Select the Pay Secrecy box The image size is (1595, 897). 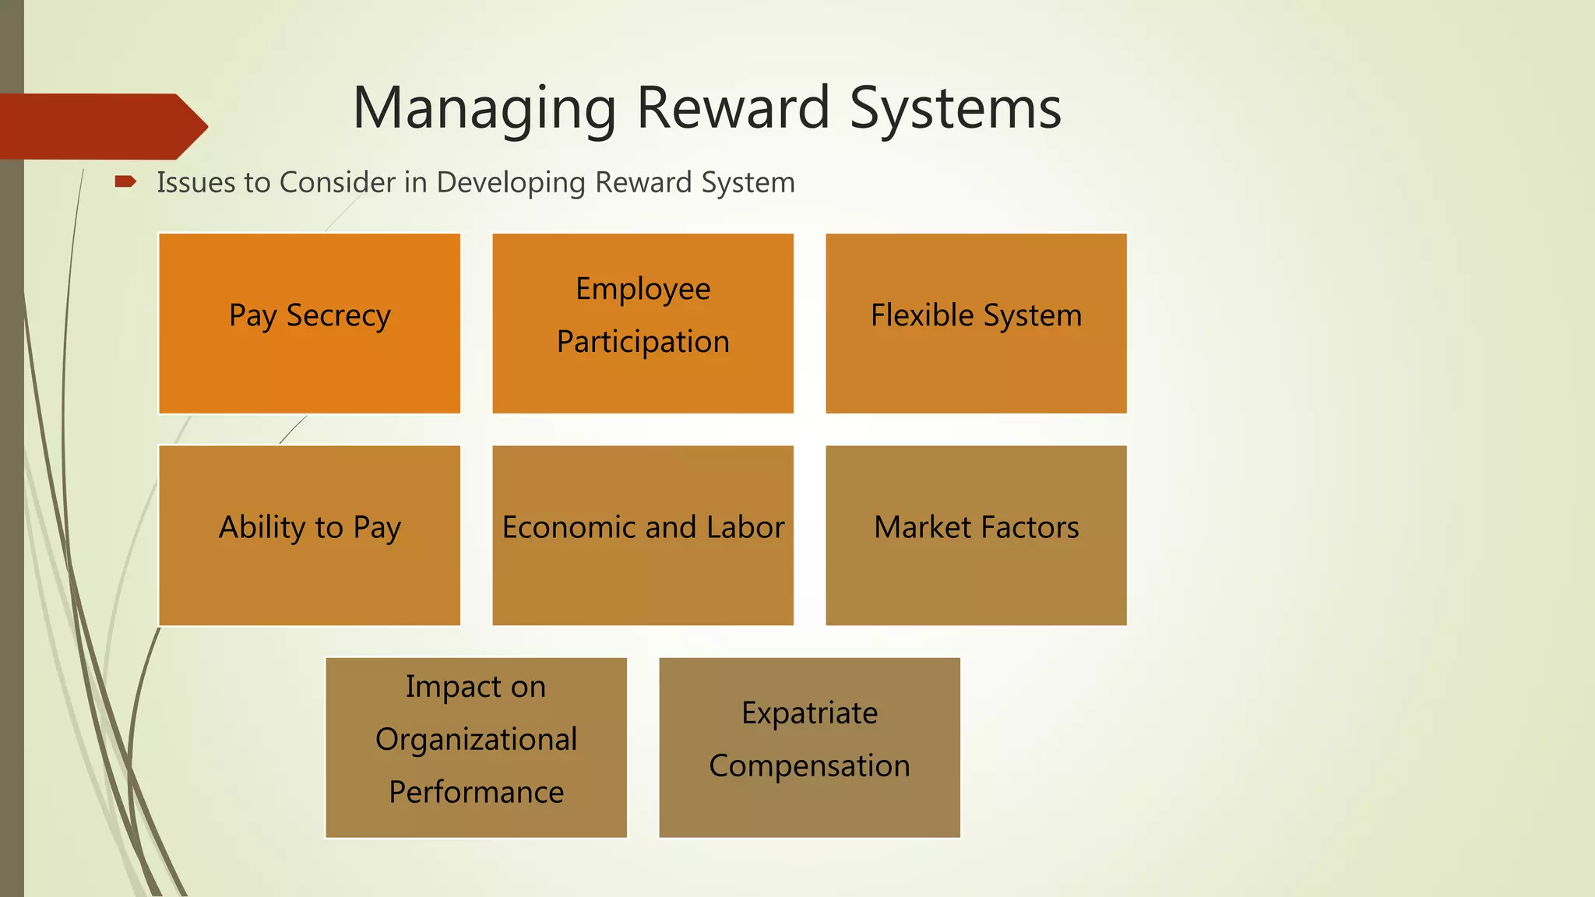[x=309, y=323]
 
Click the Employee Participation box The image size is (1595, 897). [x=643, y=323]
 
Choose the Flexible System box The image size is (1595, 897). [x=976, y=323]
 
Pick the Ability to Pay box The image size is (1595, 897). [x=309, y=535]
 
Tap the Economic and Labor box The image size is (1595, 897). [x=643, y=535]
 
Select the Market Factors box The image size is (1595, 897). [x=976, y=535]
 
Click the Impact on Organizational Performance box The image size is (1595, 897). [x=476, y=747]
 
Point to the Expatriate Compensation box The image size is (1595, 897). [x=809, y=747]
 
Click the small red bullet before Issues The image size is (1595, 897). [x=125, y=182]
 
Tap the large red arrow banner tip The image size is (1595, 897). [x=195, y=126]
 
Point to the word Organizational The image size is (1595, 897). [x=476, y=740]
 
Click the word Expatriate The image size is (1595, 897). [x=809, y=713]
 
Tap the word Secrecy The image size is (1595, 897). [x=338, y=316]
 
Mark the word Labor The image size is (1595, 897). [x=745, y=527]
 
